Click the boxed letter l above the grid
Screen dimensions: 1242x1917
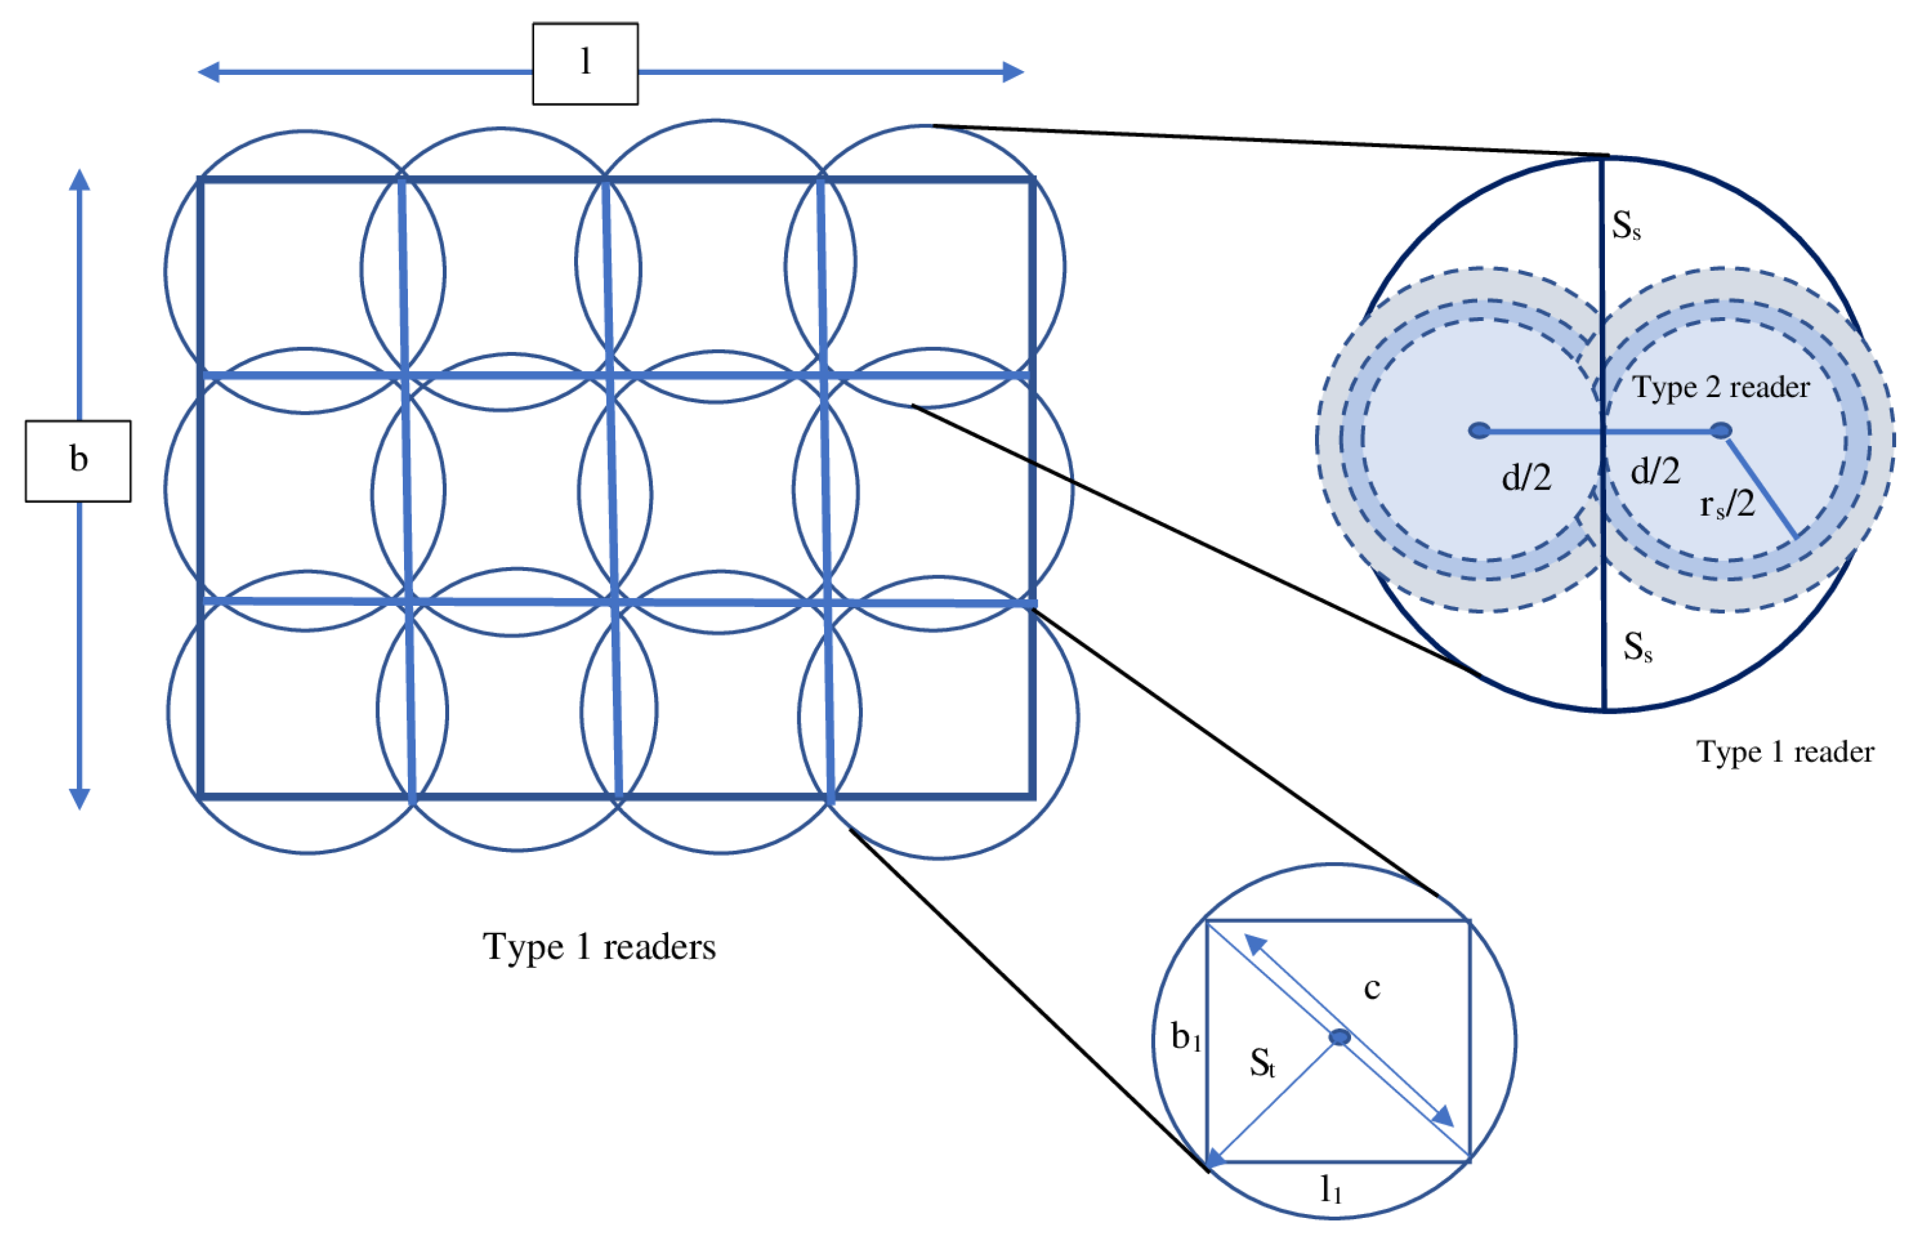click(x=586, y=63)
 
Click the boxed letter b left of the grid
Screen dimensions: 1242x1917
click(x=78, y=460)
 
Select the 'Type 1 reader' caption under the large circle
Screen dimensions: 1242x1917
click(x=1785, y=752)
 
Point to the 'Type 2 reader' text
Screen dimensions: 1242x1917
click(x=1721, y=388)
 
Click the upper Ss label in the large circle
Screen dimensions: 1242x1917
click(x=1625, y=226)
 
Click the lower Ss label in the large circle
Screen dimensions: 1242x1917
click(x=1637, y=647)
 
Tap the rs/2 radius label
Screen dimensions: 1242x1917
click(x=1727, y=505)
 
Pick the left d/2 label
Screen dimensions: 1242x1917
click(x=1526, y=478)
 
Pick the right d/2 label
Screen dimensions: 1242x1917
click(x=1655, y=471)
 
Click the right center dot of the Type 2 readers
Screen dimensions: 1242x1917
click(x=1721, y=431)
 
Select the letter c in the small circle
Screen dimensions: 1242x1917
click(x=1371, y=988)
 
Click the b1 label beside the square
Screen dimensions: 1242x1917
click(x=1186, y=1036)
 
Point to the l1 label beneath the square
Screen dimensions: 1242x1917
click(x=1331, y=1188)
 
